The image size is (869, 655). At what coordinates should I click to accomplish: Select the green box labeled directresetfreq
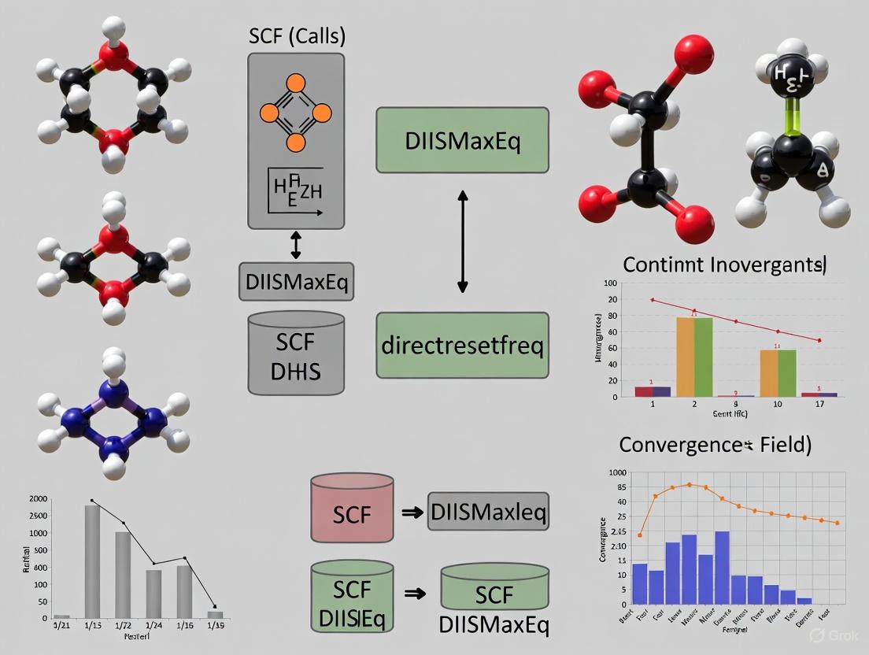pyautogui.click(x=462, y=345)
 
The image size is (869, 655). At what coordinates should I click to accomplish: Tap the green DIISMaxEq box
pyautogui.click(x=462, y=140)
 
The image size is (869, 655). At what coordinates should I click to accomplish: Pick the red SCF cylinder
pyautogui.click(x=352, y=508)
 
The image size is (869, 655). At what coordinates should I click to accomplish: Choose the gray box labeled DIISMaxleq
pyautogui.click(x=488, y=513)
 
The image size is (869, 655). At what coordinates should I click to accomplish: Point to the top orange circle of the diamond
pyautogui.click(x=296, y=82)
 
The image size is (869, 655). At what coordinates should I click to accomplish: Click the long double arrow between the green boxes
pyautogui.click(x=463, y=242)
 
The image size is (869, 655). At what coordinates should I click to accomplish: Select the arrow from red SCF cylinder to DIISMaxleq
pyautogui.click(x=410, y=513)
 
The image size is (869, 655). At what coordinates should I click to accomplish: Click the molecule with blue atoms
pyautogui.click(x=114, y=414)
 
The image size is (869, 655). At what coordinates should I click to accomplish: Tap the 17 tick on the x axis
pyautogui.click(x=819, y=404)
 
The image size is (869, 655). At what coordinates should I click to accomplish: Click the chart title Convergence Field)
pyautogui.click(x=715, y=445)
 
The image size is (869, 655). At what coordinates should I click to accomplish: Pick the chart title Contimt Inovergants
pyautogui.click(x=723, y=265)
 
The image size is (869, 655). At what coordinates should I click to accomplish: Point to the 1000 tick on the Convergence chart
pyautogui.click(x=616, y=473)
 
